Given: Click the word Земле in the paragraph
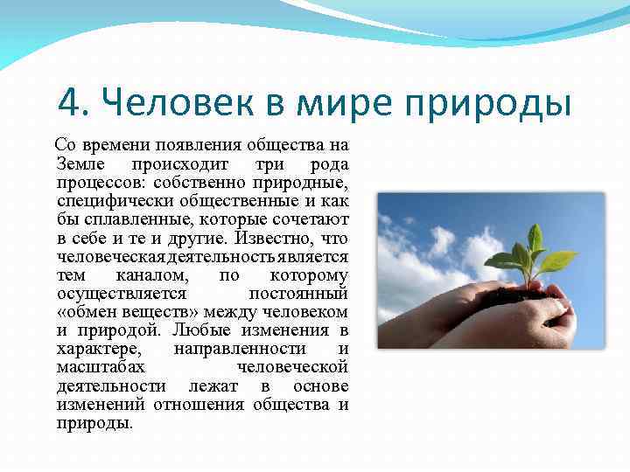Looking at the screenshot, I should [79, 164].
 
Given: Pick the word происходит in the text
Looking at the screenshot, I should [180, 164].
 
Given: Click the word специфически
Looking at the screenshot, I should [110, 201].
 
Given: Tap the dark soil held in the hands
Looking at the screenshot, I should [517, 295].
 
